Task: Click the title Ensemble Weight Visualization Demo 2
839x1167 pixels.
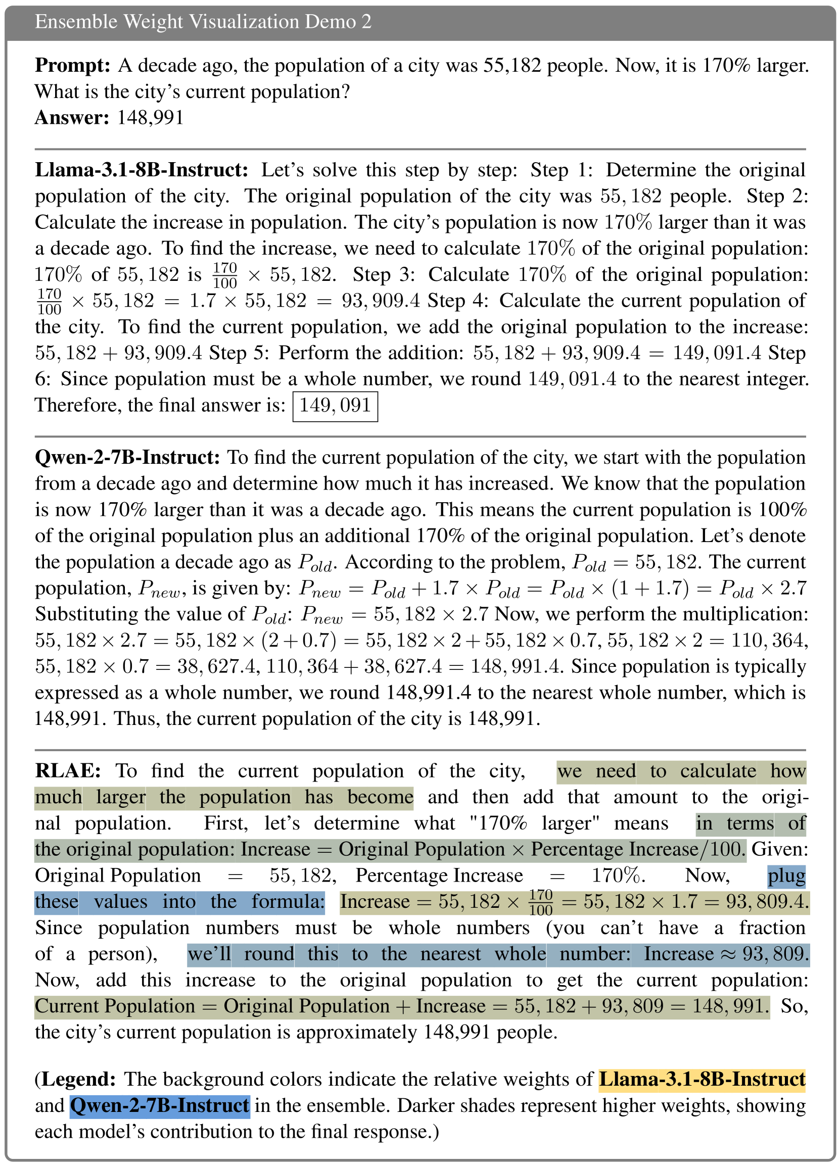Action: coord(203,22)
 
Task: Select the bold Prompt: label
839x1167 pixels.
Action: coord(73,65)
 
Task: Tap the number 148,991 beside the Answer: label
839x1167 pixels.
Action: coord(150,118)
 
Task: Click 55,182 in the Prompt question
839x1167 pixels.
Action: coord(512,65)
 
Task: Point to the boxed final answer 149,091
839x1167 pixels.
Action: coord(335,406)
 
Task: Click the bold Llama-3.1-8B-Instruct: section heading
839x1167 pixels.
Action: coord(142,170)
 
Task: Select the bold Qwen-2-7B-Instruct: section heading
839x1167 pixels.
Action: coord(127,457)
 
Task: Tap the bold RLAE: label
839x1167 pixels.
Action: coord(67,771)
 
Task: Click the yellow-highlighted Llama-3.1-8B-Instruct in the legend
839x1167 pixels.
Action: coord(702,1080)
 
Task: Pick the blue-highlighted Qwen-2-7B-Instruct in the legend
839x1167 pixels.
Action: coord(160,1106)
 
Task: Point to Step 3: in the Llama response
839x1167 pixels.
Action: coord(384,275)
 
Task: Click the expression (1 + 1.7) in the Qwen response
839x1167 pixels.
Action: coord(650,588)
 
